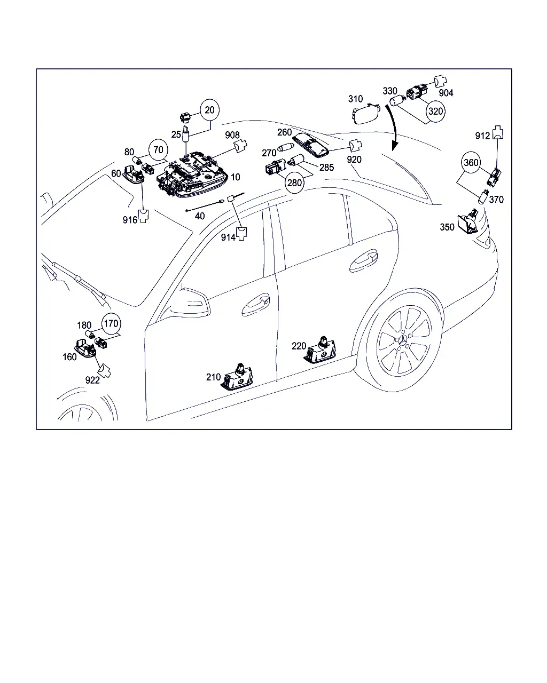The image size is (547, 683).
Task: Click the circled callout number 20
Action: (209, 110)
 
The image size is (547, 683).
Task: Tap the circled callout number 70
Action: (158, 150)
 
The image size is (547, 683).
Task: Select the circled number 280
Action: (294, 183)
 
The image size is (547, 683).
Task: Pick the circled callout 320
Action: (435, 112)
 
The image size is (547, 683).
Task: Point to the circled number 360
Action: (471, 163)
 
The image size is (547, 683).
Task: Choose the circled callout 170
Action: (111, 324)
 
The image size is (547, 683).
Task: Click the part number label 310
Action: (355, 99)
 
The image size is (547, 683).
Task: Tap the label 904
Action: (446, 93)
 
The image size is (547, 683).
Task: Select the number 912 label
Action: (482, 136)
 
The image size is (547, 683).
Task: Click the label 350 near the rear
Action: (447, 227)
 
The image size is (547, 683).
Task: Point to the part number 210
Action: (213, 377)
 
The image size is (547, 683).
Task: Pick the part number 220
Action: (299, 346)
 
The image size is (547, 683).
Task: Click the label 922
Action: (92, 380)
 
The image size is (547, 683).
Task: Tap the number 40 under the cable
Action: (200, 216)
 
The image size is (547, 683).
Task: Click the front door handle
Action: (255, 305)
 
